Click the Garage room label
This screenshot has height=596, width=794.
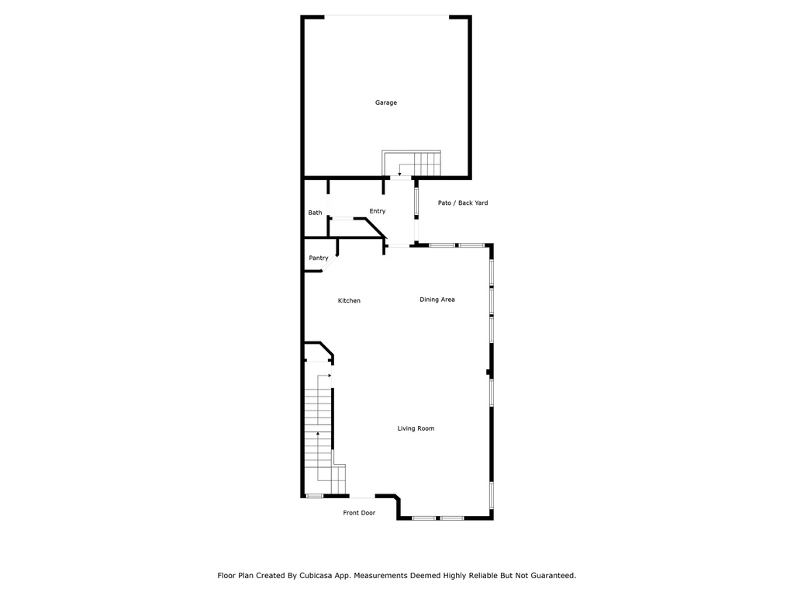(x=386, y=103)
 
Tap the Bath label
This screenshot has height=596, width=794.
(x=315, y=213)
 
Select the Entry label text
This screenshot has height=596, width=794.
(x=378, y=211)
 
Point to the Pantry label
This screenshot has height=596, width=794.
(x=319, y=258)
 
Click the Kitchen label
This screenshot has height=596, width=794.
(x=349, y=300)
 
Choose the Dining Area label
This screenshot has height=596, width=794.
(x=437, y=300)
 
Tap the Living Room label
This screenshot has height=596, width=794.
(x=416, y=428)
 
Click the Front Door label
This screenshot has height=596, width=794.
(x=359, y=513)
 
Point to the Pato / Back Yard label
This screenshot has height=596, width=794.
(x=463, y=203)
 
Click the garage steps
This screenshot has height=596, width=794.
(x=411, y=163)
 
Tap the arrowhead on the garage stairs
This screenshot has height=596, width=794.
(x=399, y=175)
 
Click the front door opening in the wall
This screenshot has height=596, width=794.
(x=362, y=496)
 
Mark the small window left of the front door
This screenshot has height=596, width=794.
(x=315, y=496)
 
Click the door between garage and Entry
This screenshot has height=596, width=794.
(x=401, y=178)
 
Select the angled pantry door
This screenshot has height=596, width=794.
(x=330, y=264)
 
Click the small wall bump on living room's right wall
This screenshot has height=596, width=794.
(x=488, y=372)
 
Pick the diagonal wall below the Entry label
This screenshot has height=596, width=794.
(x=375, y=227)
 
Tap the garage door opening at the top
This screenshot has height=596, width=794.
(x=386, y=16)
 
